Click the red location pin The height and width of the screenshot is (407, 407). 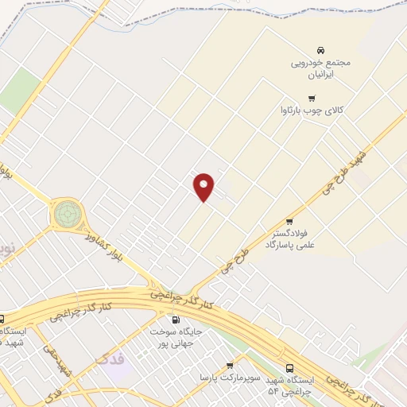click(204, 186)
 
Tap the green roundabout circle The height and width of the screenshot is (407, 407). click(66, 214)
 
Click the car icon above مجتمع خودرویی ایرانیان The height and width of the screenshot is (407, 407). click(321, 48)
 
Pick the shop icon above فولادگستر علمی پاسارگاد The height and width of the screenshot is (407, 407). click(289, 221)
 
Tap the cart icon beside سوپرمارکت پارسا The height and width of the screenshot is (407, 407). click(230, 365)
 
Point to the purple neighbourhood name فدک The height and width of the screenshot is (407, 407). click(109, 359)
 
